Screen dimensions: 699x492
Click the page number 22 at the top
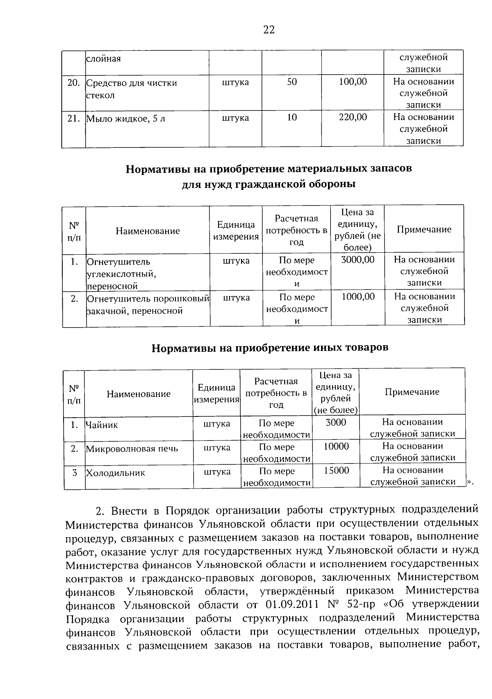click(269, 30)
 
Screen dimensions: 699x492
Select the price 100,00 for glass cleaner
click(353, 81)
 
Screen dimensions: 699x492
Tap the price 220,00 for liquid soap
click(353, 118)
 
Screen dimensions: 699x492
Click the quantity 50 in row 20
click(292, 81)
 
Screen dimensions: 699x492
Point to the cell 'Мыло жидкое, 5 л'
click(125, 119)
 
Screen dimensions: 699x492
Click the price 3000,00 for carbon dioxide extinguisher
click(358, 260)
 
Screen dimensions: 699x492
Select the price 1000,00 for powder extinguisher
click(358, 296)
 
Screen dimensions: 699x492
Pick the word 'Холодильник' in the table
click(115, 473)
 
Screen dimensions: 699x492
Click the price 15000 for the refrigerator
click(336, 471)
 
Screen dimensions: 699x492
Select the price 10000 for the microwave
click(336, 446)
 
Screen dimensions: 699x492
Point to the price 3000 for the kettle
click(336, 422)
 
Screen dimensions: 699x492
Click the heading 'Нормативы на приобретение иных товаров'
click(270, 348)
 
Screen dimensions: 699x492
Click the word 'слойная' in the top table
click(103, 59)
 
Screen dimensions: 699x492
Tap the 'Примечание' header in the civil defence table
click(424, 229)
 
